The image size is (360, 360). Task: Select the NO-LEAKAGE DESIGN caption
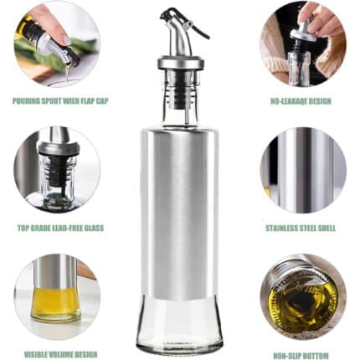click(301, 101)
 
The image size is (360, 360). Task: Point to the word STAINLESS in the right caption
click(281, 228)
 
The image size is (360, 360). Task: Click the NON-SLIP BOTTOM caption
click(301, 356)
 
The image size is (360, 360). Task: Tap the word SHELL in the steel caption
click(327, 228)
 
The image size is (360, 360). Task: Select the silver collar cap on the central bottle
click(179, 63)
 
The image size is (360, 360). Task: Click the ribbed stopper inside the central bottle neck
click(180, 89)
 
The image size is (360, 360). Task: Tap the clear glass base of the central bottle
click(179, 324)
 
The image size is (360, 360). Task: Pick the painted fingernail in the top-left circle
click(66, 40)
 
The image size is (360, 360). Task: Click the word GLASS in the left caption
click(95, 228)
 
